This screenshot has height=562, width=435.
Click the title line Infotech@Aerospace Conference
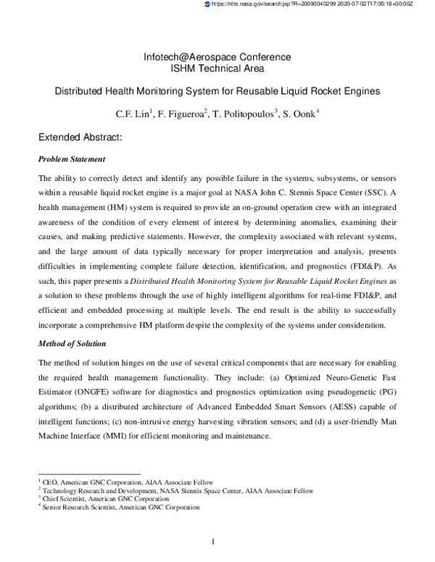pos(217,57)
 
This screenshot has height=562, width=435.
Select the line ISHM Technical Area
pos(217,70)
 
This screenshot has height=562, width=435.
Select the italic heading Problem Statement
pos(72,159)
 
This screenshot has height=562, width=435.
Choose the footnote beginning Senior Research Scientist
pos(120,508)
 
